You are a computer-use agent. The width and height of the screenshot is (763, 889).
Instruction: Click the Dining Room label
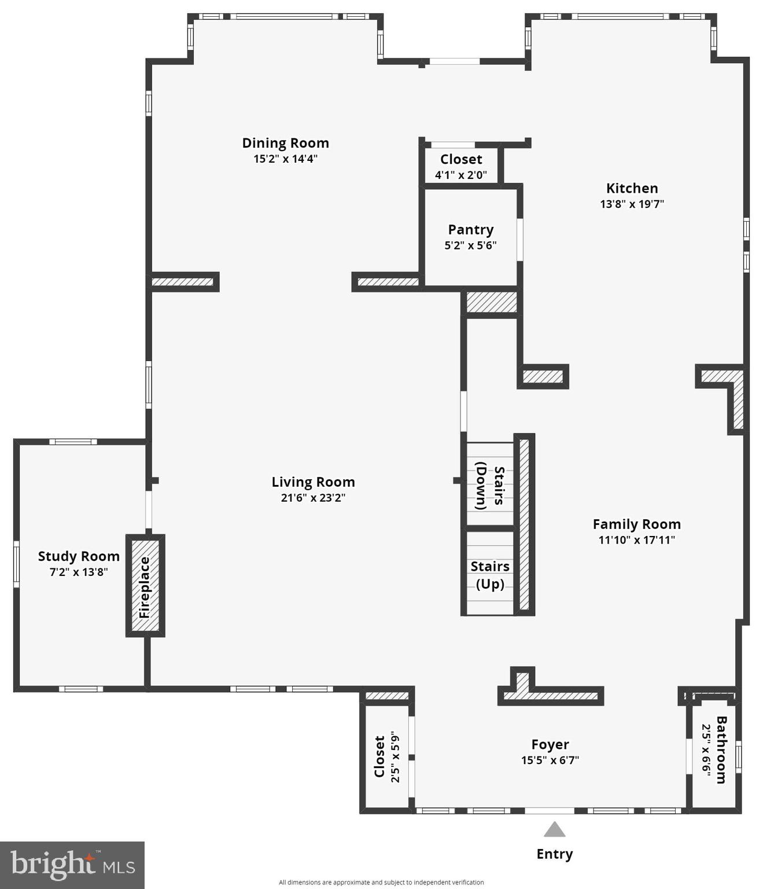pos(285,143)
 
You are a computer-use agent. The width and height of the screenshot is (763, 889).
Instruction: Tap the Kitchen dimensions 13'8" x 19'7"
pos(632,204)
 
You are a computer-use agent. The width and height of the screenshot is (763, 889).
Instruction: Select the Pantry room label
pos(470,230)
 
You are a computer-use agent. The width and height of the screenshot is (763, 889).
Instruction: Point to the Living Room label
pos(313,482)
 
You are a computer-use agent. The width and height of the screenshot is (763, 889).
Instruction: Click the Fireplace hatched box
pos(145,586)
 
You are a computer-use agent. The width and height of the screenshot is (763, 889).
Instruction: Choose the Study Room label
pos(79,556)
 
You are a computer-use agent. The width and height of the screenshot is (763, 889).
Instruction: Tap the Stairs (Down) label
pos(490,485)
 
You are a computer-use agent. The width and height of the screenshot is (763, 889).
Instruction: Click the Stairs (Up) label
pos(490,575)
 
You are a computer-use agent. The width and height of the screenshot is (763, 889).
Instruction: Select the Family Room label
pos(636,524)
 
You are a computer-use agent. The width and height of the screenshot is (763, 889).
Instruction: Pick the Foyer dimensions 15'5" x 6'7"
pos(550,760)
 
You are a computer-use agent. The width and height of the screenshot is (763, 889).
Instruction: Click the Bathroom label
pos(721,750)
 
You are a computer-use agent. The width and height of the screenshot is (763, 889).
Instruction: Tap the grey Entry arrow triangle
pos(554,830)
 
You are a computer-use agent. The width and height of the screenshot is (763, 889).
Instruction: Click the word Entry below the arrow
pos(554,854)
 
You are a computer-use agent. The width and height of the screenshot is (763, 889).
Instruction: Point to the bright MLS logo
pos(72,865)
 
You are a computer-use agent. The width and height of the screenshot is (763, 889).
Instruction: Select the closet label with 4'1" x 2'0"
pos(461,160)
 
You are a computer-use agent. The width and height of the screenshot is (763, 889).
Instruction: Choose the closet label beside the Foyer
pos(379,757)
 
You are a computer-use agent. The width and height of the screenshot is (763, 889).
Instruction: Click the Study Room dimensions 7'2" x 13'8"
pos(79,572)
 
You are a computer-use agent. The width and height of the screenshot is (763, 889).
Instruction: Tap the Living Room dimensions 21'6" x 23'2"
pos(313,498)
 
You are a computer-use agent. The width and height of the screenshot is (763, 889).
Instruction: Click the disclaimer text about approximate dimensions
pos(381,883)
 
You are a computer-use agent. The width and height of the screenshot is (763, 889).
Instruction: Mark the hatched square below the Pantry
pos(492,302)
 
